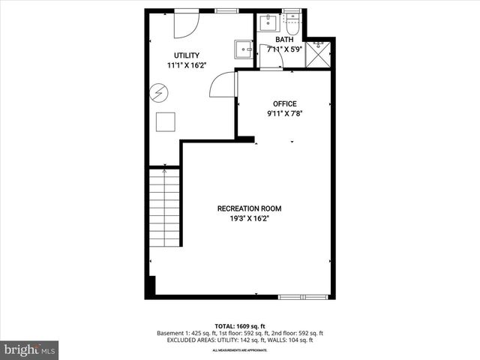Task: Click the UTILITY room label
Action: [x=187, y=55]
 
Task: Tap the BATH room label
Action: [x=285, y=40]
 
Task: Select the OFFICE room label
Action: [x=285, y=103]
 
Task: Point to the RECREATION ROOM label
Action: [x=250, y=208]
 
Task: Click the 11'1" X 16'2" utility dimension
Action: [x=187, y=65]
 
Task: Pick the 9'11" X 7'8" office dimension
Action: [x=285, y=114]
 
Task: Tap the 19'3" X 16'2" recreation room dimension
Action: [x=250, y=219]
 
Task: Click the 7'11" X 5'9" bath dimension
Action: [x=285, y=50]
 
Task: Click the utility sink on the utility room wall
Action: [x=243, y=49]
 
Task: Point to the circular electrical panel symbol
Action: [x=159, y=92]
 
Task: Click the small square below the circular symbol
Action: [x=165, y=121]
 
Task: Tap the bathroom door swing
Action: [x=271, y=57]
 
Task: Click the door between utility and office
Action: [x=223, y=86]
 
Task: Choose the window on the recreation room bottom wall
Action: [x=303, y=297]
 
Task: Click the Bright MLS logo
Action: [x=30, y=349]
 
